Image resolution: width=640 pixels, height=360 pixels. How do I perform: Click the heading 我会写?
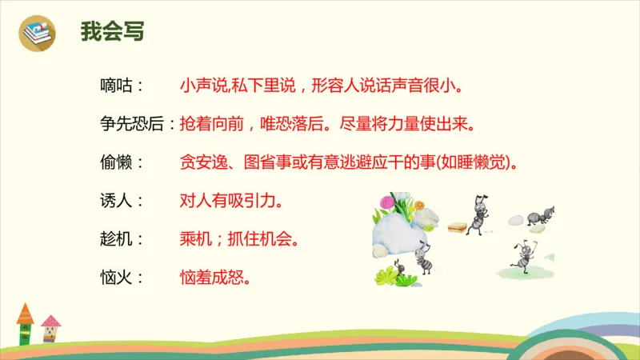(112, 31)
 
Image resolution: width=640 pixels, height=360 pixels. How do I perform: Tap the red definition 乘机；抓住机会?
(240, 239)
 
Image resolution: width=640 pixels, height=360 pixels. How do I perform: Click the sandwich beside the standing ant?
(458, 227)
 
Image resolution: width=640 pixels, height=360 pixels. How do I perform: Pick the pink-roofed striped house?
(51, 329)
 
